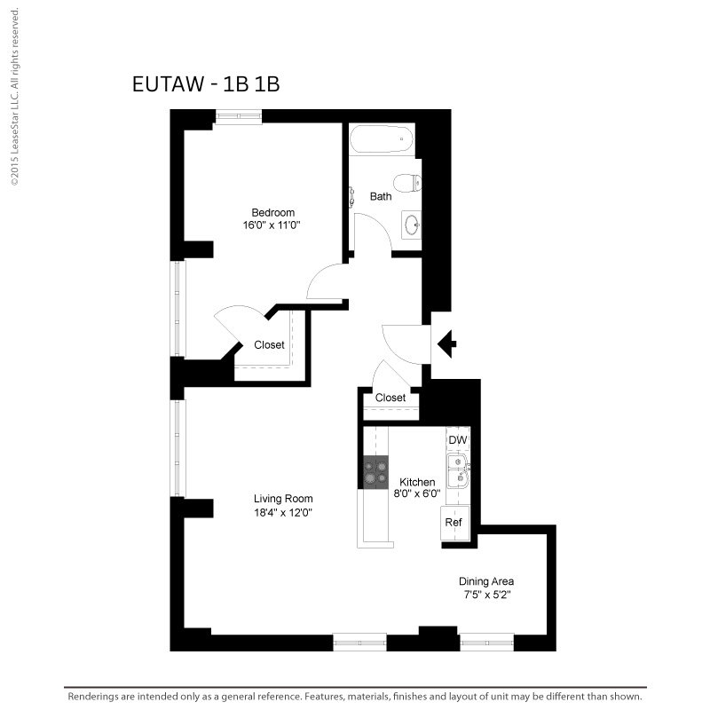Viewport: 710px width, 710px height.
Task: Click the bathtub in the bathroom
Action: point(382,139)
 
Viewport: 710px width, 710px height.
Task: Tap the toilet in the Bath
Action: point(407,184)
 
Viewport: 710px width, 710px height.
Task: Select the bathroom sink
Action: point(412,225)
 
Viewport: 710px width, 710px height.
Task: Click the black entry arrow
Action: point(447,344)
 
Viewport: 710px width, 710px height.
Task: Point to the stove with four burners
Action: point(375,472)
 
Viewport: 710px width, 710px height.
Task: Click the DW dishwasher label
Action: point(457,439)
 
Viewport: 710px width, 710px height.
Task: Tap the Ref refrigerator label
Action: point(454,522)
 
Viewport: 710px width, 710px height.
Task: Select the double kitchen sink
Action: point(458,471)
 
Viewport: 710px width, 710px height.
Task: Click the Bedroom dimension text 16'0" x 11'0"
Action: point(272,225)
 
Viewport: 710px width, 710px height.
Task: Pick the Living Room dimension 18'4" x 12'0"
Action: point(283,513)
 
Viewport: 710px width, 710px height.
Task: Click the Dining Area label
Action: point(486,581)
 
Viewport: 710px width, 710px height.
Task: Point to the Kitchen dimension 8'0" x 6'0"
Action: point(417,493)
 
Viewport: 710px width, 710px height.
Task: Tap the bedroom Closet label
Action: point(269,344)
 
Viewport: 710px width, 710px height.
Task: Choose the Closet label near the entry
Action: point(390,398)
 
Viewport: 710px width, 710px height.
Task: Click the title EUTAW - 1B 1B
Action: point(206,83)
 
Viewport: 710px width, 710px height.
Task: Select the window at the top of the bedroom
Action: point(239,116)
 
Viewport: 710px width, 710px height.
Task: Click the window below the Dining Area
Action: point(486,642)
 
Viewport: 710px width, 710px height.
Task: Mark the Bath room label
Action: point(381,196)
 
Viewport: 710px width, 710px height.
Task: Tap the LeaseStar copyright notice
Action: point(15,97)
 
